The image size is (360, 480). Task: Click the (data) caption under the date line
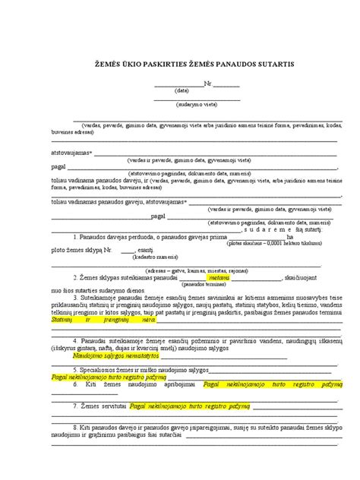tap(182, 90)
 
